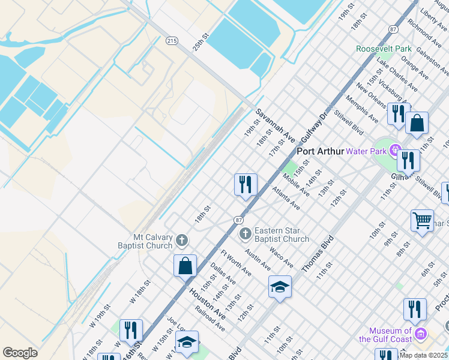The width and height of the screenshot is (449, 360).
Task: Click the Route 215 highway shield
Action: click(x=172, y=40)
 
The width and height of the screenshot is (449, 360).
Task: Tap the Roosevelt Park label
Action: click(x=383, y=49)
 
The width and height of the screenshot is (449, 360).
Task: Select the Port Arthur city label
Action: click(x=321, y=152)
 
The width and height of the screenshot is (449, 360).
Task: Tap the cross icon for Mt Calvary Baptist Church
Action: click(x=182, y=241)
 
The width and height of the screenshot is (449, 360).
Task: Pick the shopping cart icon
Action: click(x=422, y=220)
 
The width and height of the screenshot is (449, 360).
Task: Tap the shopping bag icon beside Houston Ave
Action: click(x=185, y=265)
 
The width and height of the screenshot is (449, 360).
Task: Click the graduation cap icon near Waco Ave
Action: click(x=280, y=287)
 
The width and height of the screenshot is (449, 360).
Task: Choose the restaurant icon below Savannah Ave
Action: click(x=246, y=184)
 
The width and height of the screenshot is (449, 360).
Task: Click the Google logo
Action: click(x=20, y=353)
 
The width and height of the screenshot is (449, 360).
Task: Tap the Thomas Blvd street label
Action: click(x=318, y=254)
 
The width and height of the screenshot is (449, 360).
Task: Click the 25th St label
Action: click(x=200, y=41)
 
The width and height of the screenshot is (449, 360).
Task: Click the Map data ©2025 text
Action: click(x=423, y=355)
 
